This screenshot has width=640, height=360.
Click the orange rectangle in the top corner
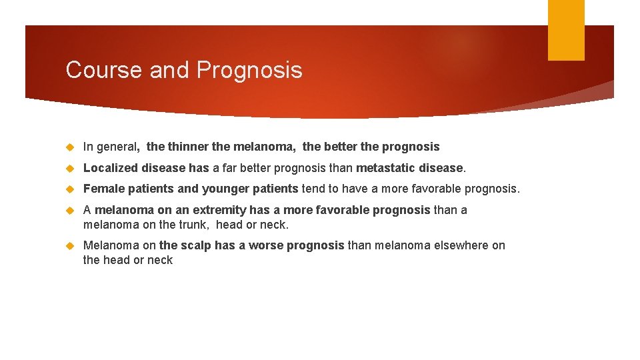[x=566, y=30]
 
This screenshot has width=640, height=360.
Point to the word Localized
[x=109, y=168]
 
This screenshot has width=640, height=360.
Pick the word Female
[x=103, y=189]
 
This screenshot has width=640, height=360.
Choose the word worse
[x=266, y=245]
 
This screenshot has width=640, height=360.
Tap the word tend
[x=313, y=189]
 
